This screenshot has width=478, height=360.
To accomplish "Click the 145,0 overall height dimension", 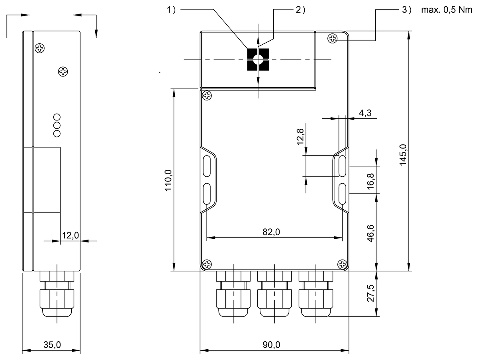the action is tap(403, 155).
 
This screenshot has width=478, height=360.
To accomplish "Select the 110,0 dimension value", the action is tap(168, 181).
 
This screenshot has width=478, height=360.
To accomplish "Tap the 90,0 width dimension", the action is tap(271, 345).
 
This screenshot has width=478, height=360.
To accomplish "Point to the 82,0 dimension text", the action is tap(271, 232).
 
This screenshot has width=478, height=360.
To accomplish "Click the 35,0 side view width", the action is tap(52, 345).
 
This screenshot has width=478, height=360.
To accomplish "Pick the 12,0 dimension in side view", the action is tap(71, 235).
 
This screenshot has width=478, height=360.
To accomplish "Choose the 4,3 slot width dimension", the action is tap(365, 113).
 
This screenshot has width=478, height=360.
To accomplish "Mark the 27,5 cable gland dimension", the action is tap(370, 293).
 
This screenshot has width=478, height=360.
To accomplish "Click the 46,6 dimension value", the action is tap(370, 233).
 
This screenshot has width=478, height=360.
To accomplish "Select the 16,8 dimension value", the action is tap(370, 181).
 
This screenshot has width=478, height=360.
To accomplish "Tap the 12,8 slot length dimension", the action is tap(300, 137).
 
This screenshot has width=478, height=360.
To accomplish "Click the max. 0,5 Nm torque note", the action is tap(447, 10).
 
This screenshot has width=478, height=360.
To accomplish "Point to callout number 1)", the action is tap(171, 10).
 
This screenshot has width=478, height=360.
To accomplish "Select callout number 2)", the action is tap(300, 10).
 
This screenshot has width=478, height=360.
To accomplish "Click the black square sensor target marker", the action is tap(258, 59).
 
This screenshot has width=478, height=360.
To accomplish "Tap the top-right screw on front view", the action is tap(333, 39).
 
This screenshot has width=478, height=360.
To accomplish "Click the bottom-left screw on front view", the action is tap(207, 265).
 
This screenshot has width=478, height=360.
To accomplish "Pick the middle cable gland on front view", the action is tap(274, 294).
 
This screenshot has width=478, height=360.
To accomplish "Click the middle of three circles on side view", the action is tap(57, 125).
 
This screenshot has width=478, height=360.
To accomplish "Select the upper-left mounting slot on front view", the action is tap(207, 166).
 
